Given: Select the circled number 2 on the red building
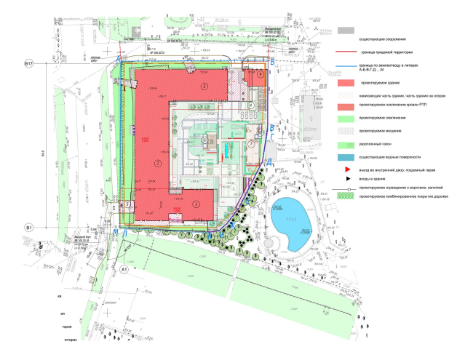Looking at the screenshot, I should coord(157,162).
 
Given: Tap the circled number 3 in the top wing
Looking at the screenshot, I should coord(204,87).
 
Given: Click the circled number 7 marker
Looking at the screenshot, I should coord(251,144).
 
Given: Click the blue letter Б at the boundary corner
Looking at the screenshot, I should coord(271,65).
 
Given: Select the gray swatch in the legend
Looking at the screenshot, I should coord(345,31).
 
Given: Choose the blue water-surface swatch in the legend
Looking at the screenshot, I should coord(345,156).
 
